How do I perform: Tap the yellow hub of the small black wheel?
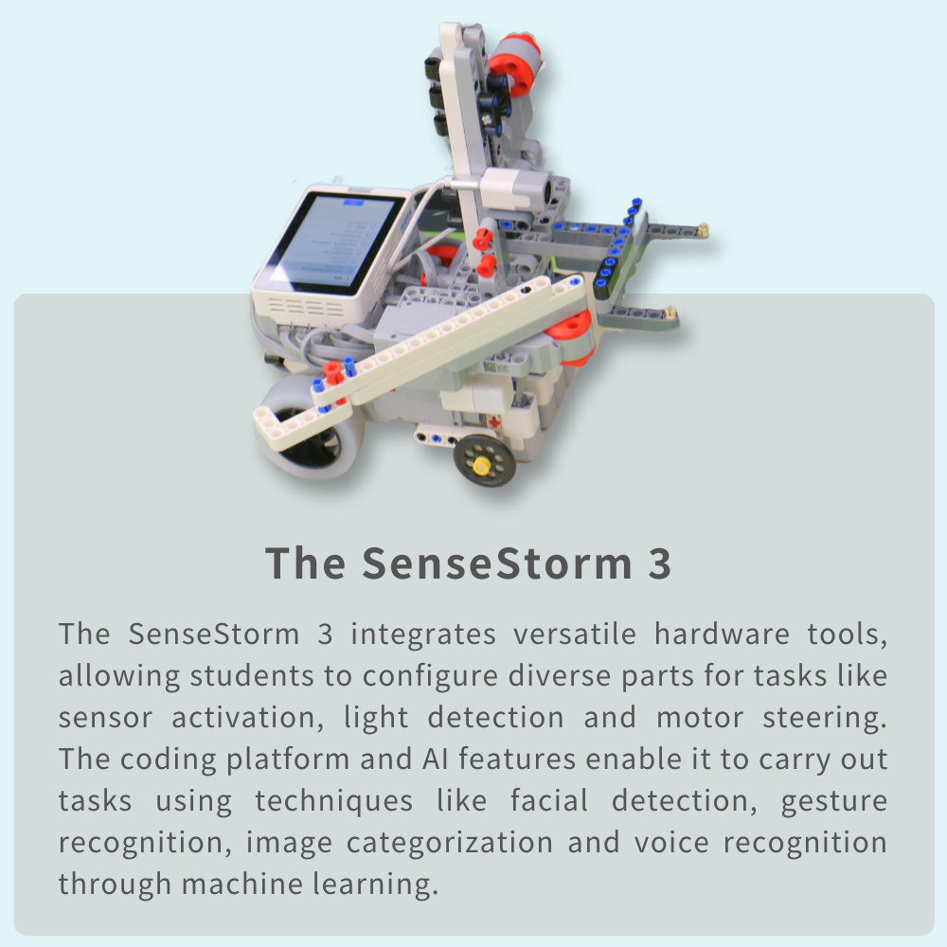pyautogui.click(x=482, y=466)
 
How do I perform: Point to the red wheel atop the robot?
pyautogui.click(x=515, y=65)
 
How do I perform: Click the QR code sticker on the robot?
pyautogui.click(x=495, y=366)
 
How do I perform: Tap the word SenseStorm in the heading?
pyautogui.click(x=497, y=563)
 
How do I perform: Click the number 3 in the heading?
pyautogui.click(x=659, y=563)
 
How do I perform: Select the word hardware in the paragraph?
pyautogui.click(x=722, y=634)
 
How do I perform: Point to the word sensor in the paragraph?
pyautogui.click(x=105, y=718)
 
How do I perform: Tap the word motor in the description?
pyautogui.click(x=700, y=718)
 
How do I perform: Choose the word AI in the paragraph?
pyautogui.click(x=435, y=759)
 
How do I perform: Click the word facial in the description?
pyautogui.click(x=549, y=801)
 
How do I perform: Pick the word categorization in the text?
pyautogui.click(x=449, y=843)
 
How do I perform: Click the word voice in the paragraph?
pyautogui.click(x=671, y=843)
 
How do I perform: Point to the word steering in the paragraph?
pyautogui.click(x=825, y=719)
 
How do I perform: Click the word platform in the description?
pyautogui.click(x=288, y=760)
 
